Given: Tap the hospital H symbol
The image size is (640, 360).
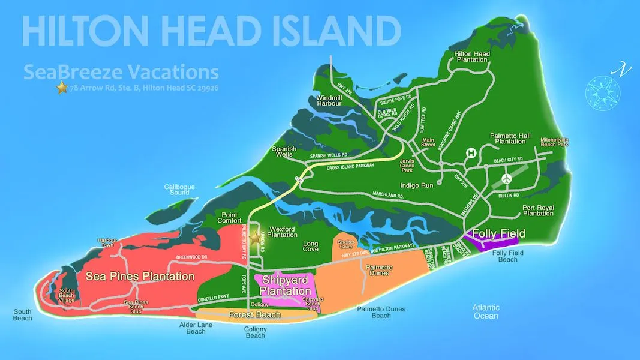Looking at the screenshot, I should [x=472, y=153].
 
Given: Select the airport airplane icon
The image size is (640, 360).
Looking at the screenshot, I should [x=507, y=179].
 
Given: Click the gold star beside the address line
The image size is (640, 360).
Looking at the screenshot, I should [x=61, y=88].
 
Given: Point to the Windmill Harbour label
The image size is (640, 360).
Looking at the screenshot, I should [x=329, y=100].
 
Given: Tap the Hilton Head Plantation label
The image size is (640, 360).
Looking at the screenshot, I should [x=472, y=57].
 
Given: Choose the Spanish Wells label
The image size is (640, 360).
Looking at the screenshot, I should [x=284, y=152].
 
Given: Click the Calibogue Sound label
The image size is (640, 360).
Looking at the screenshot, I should [x=179, y=190].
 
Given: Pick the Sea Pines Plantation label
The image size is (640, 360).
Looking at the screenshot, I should [x=140, y=277].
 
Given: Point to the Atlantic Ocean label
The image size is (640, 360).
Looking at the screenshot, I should [x=486, y=312].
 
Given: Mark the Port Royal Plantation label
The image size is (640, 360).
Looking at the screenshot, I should [x=537, y=211].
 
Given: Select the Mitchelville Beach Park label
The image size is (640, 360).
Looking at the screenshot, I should [x=554, y=142].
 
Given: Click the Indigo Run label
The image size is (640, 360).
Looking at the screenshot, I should [x=418, y=186].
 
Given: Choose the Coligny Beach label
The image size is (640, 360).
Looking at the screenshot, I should [x=256, y=332].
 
